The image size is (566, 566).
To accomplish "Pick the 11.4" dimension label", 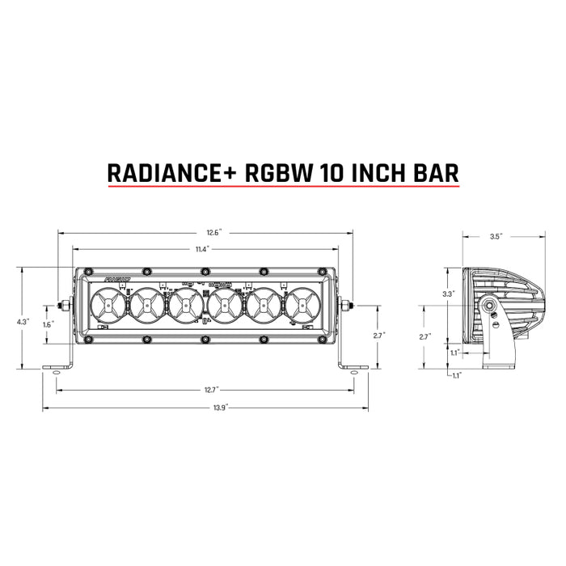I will (203, 249).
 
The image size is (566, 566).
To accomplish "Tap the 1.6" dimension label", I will (49, 324).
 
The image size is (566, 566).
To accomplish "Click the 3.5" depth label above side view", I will (496, 237).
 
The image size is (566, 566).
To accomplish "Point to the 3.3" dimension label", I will (449, 294).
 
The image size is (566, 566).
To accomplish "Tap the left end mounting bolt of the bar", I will (62, 306).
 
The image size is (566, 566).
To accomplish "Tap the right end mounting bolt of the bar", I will (347, 306).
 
